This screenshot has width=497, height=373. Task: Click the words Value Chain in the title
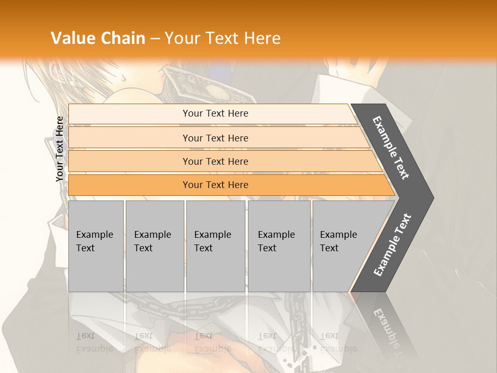click(x=98, y=38)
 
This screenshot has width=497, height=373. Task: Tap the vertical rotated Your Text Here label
click(x=60, y=149)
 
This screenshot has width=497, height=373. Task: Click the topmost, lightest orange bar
click(x=215, y=113)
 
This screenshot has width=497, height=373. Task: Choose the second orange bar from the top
click(x=215, y=138)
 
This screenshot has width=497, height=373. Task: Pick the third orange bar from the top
click(x=215, y=162)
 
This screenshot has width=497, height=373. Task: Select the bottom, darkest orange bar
click(x=215, y=185)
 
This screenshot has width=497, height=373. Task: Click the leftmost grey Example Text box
click(x=96, y=246)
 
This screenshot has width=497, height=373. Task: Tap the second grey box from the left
click(x=155, y=246)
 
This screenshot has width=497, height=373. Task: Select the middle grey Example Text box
click(x=215, y=246)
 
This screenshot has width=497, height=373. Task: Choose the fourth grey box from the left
click(x=279, y=246)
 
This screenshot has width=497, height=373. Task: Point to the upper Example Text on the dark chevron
click(x=391, y=148)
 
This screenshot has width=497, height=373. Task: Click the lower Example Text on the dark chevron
click(x=392, y=245)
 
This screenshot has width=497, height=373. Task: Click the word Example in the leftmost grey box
click(x=94, y=235)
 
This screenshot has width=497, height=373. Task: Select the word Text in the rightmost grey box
click(x=329, y=248)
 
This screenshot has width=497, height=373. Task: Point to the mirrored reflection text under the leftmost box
click(x=94, y=343)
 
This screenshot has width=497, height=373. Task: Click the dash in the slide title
click(x=155, y=38)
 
